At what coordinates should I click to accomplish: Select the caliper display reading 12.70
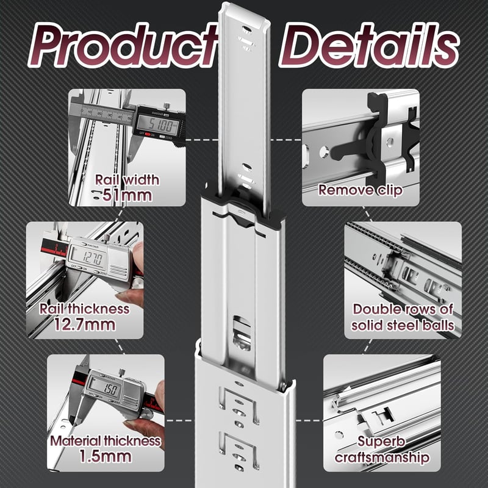click(x=88, y=257)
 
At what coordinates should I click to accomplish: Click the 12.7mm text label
click(x=85, y=325)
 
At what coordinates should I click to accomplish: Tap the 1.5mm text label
click(x=105, y=456)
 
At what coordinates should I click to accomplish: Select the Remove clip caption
click(x=361, y=190)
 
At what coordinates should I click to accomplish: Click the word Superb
click(x=381, y=441)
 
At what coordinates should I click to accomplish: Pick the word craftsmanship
click(x=382, y=457)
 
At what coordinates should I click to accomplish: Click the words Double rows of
click(x=403, y=309)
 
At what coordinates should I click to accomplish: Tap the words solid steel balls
click(x=403, y=326)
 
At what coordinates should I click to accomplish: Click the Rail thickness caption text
click(x=85, y=309)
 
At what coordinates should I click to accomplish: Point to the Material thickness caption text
click(x=105, y=441)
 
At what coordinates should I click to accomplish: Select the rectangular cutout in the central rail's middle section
click(x=242, y=332)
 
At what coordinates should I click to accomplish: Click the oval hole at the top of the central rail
click(x=246, y=30)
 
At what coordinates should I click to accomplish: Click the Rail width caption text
click(x=127, y=180)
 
